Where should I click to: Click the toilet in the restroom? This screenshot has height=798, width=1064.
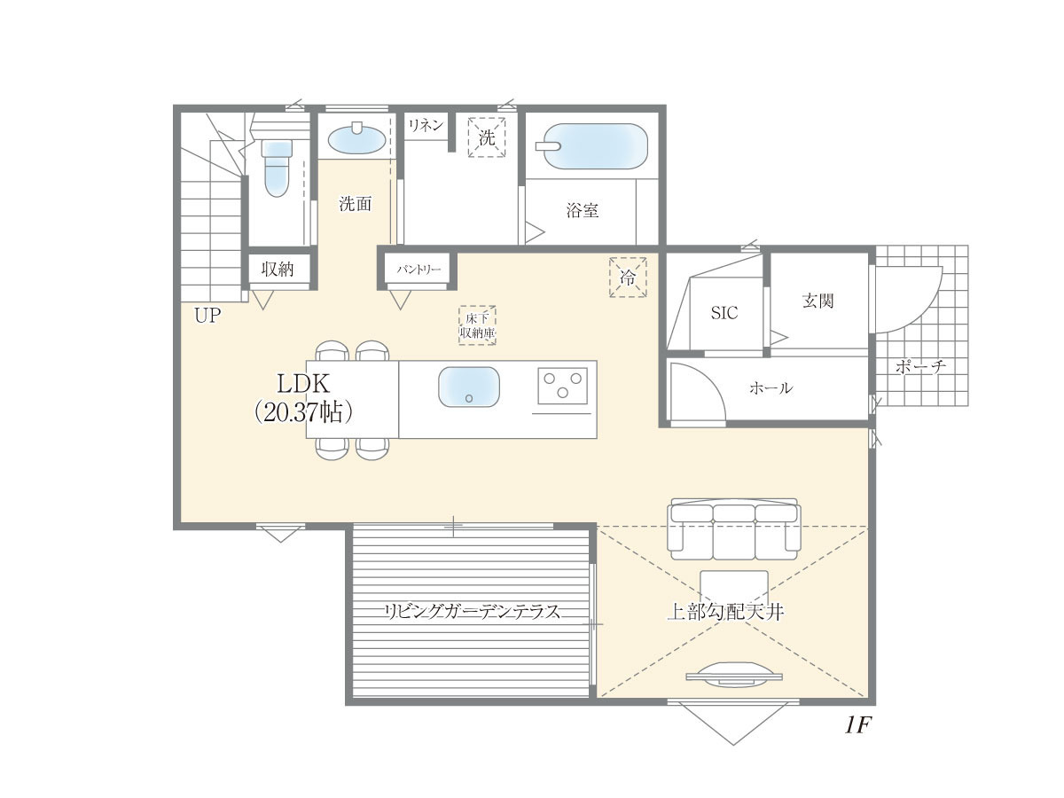tap(277, 168)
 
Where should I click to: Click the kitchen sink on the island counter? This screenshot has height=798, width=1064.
tap(469, 387)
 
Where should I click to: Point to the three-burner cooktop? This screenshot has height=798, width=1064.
tap(562, 386)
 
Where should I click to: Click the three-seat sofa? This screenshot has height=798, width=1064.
tap(733, 529)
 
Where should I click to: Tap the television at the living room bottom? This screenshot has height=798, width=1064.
tap(733, 675)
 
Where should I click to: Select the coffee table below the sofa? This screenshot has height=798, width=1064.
tap(734, 587)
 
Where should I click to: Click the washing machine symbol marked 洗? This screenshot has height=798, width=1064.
tap(487, 137)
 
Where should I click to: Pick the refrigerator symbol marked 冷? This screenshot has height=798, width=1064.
tap(628, 278)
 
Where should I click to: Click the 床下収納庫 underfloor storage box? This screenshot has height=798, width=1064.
tap(477, 325)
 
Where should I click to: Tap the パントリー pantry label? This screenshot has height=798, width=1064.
tap(419, 270)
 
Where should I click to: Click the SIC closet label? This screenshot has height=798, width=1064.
tap(724, 313)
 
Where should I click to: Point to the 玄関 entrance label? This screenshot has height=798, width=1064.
tap(818, 301)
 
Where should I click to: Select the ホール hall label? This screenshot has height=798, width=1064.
tap(771, 387)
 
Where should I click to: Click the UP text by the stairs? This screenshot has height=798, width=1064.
tap(207, 316)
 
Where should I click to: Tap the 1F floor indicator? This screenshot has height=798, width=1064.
tap(858, 725)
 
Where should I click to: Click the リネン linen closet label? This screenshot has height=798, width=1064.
tap(426, 126)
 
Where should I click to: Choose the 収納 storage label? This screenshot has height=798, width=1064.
tap(278, 269)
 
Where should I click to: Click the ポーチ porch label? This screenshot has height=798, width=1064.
tap(920, 366)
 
